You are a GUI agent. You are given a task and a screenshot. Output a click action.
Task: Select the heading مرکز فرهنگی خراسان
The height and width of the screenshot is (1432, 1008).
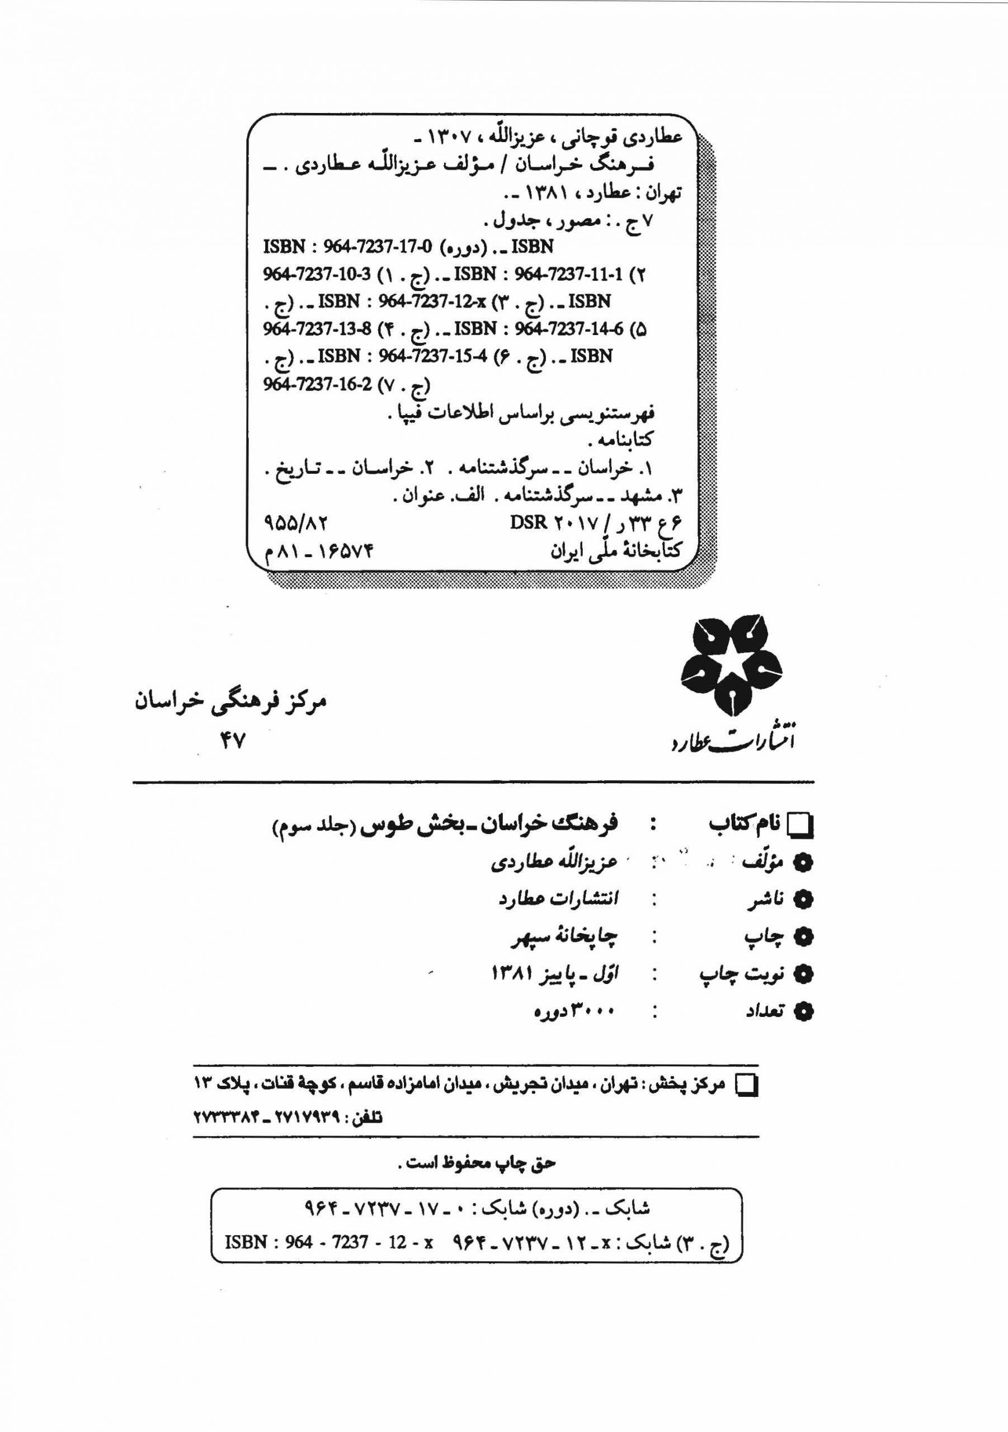point(231,702)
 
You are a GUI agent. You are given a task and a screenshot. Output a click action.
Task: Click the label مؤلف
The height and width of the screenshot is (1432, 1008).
point(762,863)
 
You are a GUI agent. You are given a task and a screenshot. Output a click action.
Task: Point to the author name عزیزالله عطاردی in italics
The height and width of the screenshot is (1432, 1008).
point(554,863)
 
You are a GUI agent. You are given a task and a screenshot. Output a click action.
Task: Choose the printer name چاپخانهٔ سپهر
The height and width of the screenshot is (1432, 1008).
point(563,936)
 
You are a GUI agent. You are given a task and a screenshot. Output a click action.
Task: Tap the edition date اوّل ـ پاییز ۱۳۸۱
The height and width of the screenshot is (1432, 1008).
point(554,973)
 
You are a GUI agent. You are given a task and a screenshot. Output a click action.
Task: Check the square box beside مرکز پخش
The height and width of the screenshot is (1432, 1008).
point(747,1086)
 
